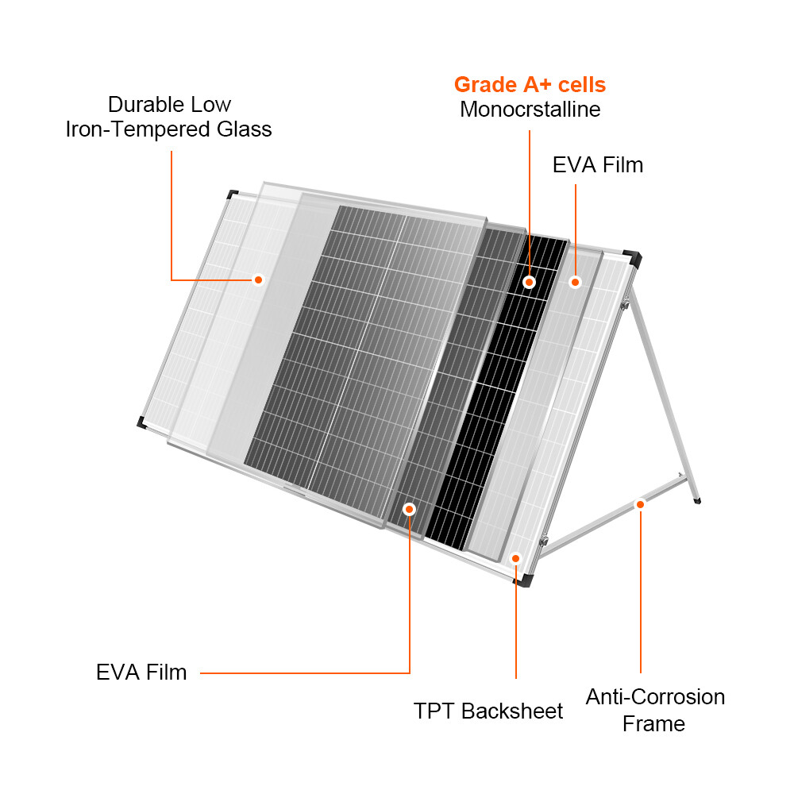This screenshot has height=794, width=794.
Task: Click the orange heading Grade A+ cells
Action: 530,85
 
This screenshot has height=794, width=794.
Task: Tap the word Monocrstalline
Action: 530,110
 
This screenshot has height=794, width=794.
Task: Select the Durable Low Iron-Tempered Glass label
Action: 169,117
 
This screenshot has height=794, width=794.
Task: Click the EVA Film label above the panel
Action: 597,165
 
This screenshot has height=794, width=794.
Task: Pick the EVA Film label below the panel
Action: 141,673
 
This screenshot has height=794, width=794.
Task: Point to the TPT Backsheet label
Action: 488,711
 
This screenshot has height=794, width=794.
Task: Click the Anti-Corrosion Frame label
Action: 654,710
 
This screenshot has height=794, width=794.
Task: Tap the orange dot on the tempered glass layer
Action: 257,279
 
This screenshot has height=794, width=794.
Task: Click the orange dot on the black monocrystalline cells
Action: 529,282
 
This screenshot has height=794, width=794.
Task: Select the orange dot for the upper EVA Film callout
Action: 576,282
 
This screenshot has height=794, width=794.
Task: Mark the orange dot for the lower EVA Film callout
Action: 410,508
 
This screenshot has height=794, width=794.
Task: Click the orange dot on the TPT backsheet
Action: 516,558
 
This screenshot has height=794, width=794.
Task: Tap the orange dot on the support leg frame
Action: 640,503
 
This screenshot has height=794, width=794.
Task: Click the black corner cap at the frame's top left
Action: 232,194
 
